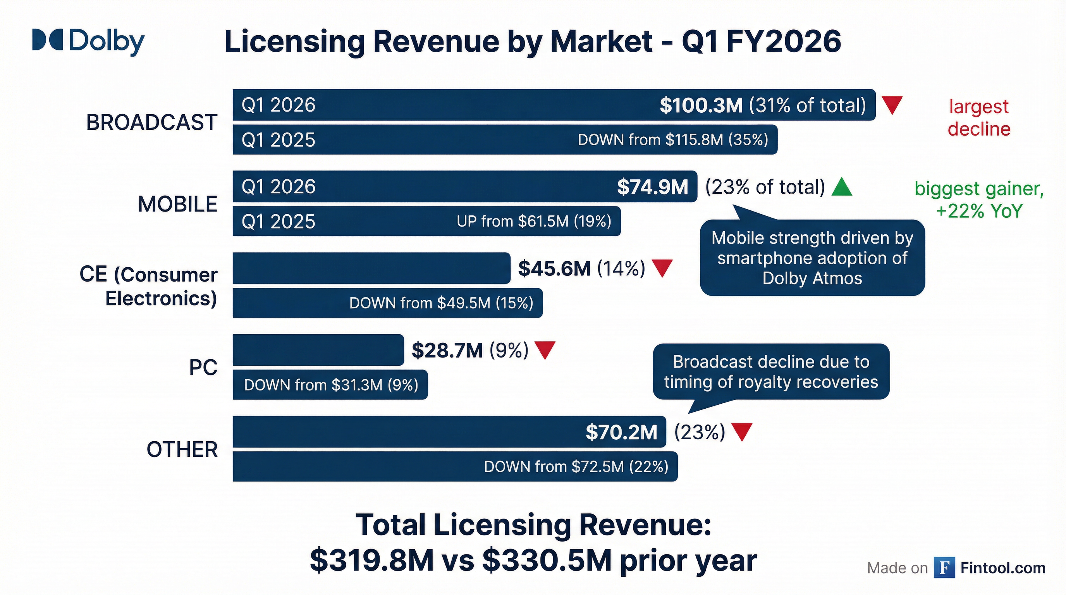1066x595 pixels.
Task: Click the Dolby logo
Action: click(88, 41)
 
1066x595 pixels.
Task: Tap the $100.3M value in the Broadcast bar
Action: click(701, 105)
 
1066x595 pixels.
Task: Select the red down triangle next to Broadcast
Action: click(892, 105)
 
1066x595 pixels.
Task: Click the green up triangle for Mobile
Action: click(842, 187)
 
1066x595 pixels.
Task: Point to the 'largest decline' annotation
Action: click(979, 118)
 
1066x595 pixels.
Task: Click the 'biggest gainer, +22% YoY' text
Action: click(979, 200)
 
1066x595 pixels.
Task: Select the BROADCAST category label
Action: click(151, 122)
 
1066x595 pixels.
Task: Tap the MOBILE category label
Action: click(177, 205)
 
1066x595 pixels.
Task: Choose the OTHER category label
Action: click(182, 449)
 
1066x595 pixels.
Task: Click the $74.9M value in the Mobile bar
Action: click(652, 187)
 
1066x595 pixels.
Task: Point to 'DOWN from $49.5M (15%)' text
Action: click(441, 303)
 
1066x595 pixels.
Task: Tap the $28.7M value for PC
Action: click(447, 351)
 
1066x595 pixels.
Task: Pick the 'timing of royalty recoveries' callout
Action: click(770, 372)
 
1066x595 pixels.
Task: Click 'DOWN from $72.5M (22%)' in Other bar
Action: click(576, 467)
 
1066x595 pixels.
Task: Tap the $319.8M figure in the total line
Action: click(371, 561)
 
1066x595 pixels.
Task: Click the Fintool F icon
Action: click(944, 568)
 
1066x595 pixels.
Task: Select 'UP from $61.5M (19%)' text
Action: click(534, 221)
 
